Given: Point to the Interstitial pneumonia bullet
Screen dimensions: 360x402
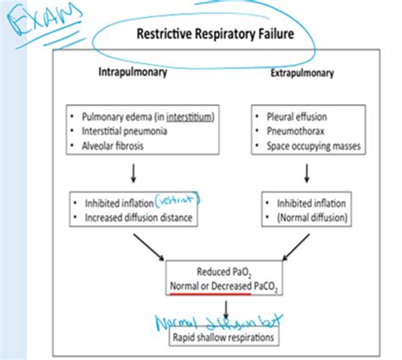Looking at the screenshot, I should [x=128, y=130].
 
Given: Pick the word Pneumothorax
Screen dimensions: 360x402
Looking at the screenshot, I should [x=296, y=130].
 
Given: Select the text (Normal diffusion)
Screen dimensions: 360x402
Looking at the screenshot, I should [x=302, y=219].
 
